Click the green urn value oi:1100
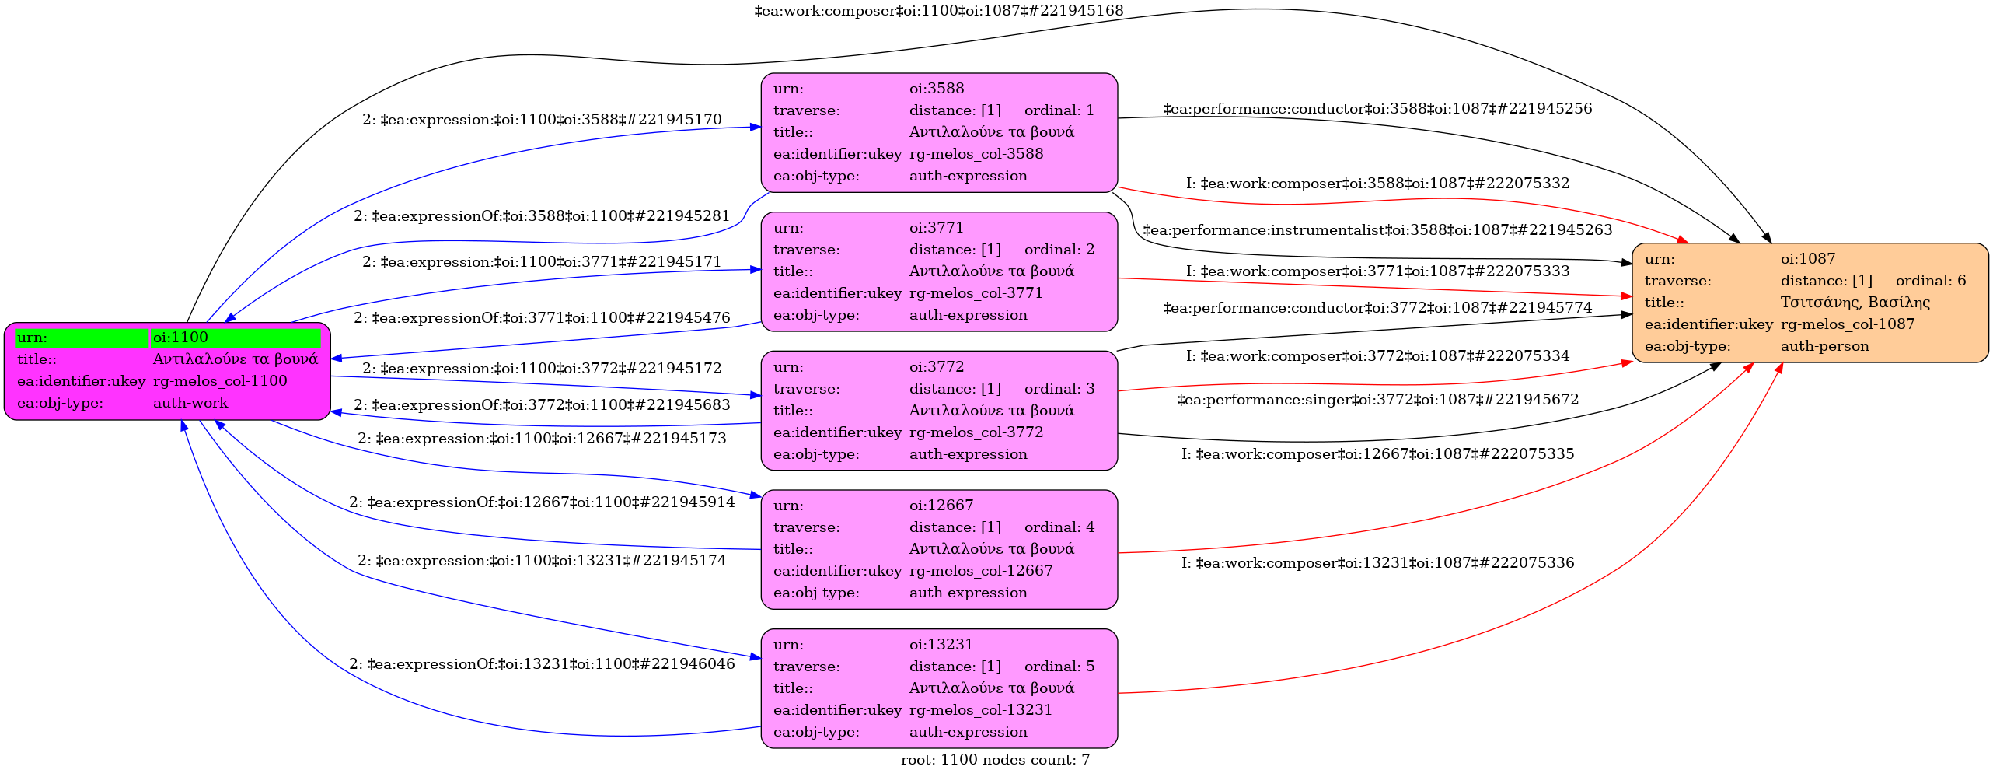tap(180, 338)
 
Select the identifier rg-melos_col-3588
tap(976, 154)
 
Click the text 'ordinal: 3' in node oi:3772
tap(1059, 389)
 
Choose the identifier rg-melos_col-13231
tap(980, 710)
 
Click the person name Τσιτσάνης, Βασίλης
tap(1855, 303)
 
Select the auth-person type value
tap(1824, 346)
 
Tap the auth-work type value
tap(190, 403)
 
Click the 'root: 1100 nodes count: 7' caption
tap(995, 760)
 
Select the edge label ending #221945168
tap(938, 11)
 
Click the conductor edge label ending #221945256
tap(1377, 109)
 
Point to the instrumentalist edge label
tap(1377, 230)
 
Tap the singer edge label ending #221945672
tap(1377, 400)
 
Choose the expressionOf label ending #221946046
tap(542, 664)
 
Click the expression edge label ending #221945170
tap(542, 120)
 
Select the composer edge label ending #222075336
tap(1377, 562)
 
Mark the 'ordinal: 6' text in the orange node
tap(1930, 281)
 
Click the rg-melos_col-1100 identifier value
tap(220, 381)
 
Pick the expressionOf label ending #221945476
tap(542, 318)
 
